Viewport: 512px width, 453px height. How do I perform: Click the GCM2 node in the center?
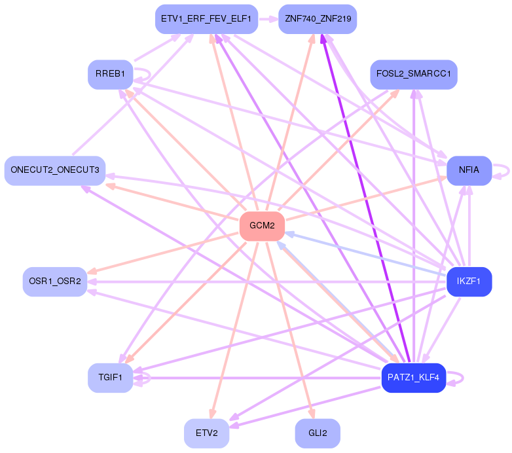[x=262, y=226]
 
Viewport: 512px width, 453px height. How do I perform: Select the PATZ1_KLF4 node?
[x=413, y=378]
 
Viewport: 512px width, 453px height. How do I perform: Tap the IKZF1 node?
[x=469, y=282]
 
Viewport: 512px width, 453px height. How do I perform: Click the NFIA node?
[x=469, y=170]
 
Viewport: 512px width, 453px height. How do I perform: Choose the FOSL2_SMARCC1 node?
[x=413, y=74]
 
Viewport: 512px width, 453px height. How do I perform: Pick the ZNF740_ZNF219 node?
[x=318, y=20]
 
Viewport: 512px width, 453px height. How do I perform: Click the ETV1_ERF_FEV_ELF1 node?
[x=207, y=20]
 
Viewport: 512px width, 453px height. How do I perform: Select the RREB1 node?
[x=110, y=74]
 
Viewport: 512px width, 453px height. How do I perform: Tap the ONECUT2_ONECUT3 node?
[x=55, y=170]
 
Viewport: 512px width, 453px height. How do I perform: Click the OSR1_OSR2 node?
[x=55, y=281]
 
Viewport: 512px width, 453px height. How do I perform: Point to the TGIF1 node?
[x=110, y=378]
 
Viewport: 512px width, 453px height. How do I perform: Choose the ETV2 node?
[x=206, y=433]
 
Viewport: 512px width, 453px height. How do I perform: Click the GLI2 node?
[x=318, y=433]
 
